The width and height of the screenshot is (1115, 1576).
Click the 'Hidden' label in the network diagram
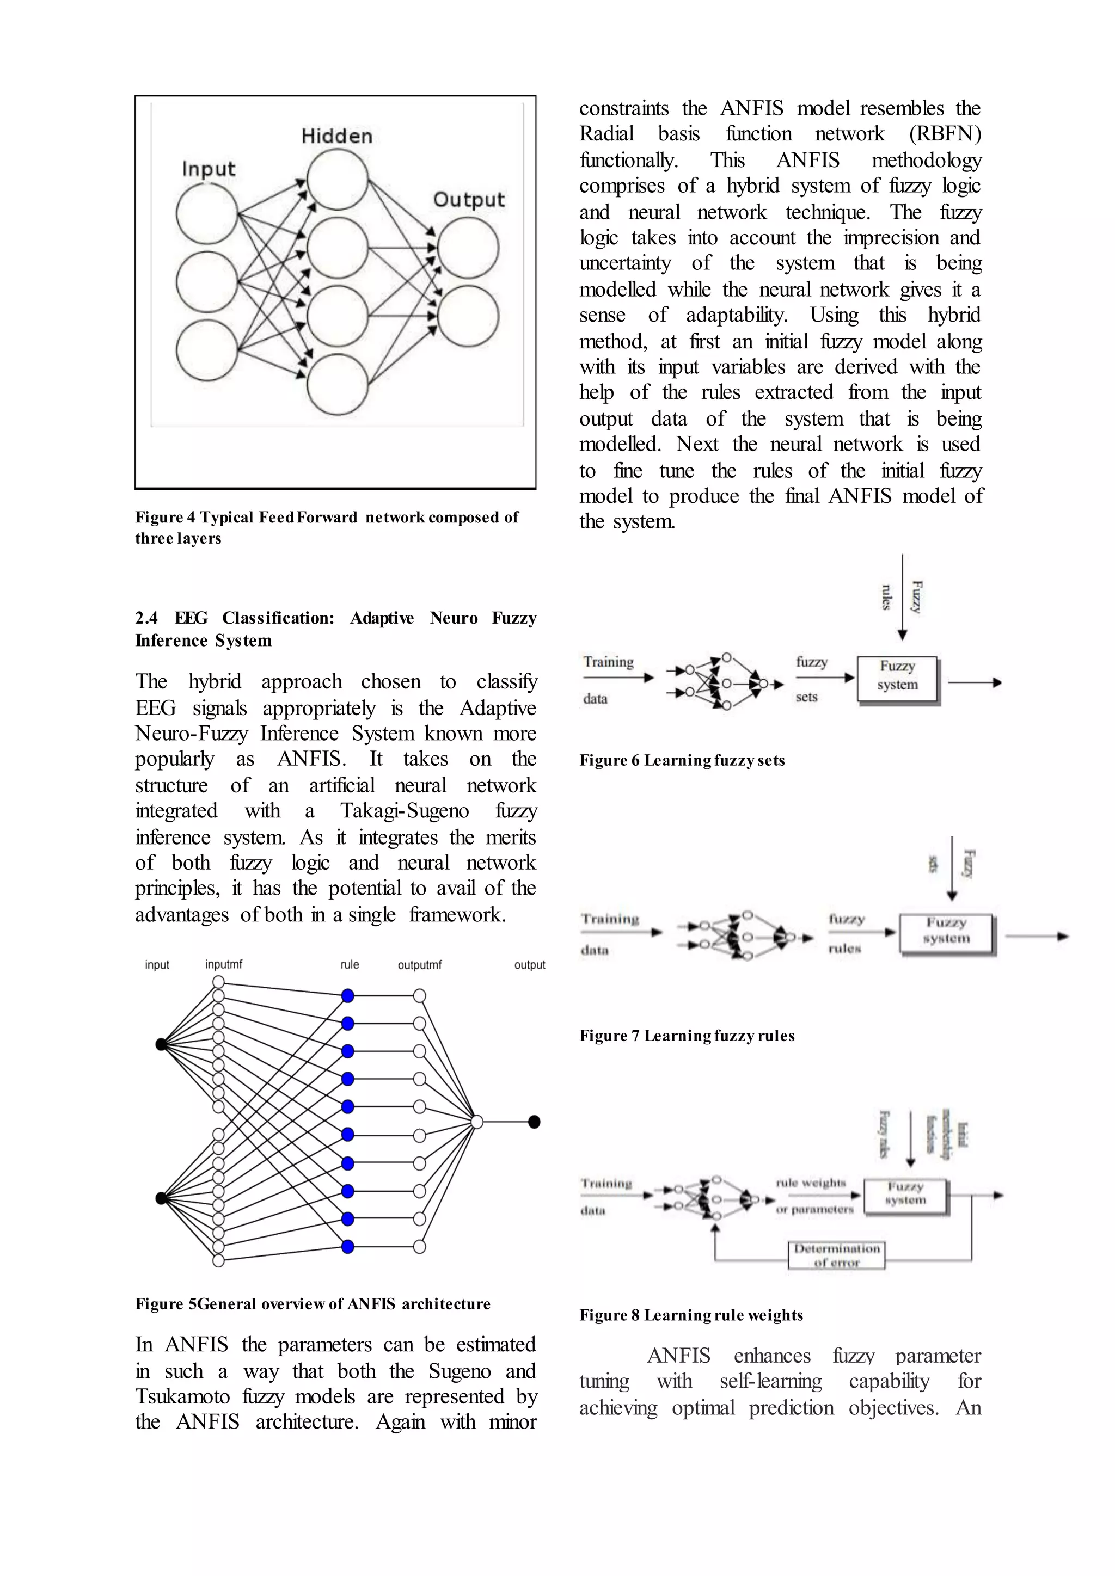tap(336, 136)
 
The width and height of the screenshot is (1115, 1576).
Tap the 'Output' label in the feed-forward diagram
tap(468, 200)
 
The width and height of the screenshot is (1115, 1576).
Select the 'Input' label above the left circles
tap(208, 169)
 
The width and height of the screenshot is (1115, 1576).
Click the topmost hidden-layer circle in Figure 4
tap(337, 179)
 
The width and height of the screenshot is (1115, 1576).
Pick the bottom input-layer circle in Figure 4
tap(207, 349)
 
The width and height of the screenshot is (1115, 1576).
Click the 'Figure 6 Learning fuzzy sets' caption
tap(682, 761)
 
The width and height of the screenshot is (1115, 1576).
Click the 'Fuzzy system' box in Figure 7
tap(946, 933)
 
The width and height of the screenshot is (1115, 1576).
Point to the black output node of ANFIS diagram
tap(534, 1122)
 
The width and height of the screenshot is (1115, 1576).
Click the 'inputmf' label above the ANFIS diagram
tap(224, 964)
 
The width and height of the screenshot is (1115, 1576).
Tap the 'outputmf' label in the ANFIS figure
tap(420, 965)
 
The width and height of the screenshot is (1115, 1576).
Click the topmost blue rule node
tap(348, 996)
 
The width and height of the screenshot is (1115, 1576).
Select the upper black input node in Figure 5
tap(161, 1044)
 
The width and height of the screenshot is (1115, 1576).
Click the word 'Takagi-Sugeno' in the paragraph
tap(405, 811)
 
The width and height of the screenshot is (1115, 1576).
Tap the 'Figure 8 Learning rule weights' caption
tap(691, 1315)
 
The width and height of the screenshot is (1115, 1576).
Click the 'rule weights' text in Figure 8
tap(811, 1183)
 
